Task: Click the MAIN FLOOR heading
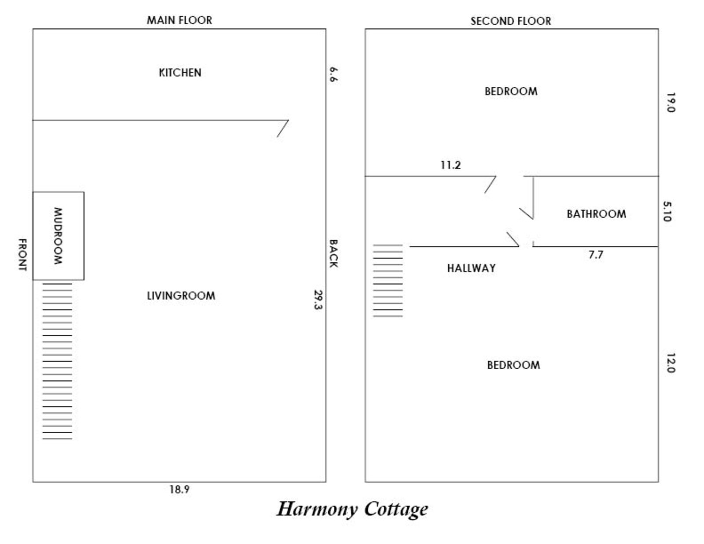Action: (180, 20)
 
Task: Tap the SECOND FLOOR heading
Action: (510, 21)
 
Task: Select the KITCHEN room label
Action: (180, 73)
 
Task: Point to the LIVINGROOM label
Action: (181, 296)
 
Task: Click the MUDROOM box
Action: (58, 236)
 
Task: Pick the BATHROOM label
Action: (596, 214)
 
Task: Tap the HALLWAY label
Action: (471, 268)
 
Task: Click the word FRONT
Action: (22, 254)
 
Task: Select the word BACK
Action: (333, 254)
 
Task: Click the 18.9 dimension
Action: (180, 489)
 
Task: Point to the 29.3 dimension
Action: (318, 299)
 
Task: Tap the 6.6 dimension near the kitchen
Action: (333, 74)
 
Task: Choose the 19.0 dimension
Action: (670, 102)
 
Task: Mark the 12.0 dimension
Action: (670, 363)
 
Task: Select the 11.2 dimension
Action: (451, 165)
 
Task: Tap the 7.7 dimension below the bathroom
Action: (596, 255)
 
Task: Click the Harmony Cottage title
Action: (352, 509)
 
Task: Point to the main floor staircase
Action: (57, 361)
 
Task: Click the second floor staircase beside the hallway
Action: (388, 280)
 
